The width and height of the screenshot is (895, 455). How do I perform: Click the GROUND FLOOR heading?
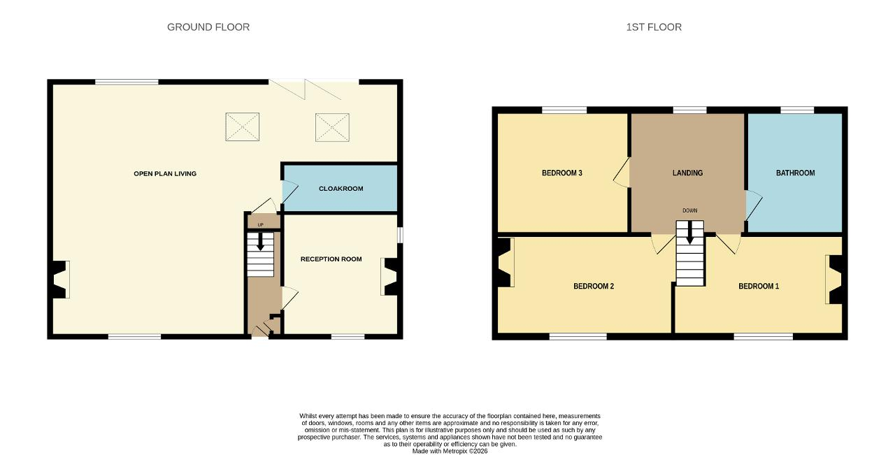coord(208,27)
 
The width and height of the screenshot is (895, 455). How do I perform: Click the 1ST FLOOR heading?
coord(654,27)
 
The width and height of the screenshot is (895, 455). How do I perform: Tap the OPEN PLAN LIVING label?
coord(165,174)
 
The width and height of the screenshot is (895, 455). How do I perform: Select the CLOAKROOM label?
coord(341,189)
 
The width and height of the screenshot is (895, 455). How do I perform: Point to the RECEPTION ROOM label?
coord(331,259)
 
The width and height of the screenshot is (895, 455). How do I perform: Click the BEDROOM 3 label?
coord(561,173)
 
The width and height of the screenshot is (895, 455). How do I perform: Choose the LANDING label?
coord(687,173)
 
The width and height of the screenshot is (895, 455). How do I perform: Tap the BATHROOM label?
coord(796,173)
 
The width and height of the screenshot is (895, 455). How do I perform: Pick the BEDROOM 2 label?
coord(594,287)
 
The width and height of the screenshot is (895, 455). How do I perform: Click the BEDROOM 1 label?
coord(759,287)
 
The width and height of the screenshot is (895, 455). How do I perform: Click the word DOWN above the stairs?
coord(690,210)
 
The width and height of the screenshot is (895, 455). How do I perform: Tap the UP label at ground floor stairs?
coord(261,225)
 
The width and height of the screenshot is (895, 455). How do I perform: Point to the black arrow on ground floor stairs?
coord(260,242)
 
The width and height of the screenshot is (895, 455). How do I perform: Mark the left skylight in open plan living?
coord(243,127)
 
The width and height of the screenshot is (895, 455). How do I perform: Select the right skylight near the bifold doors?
coord(332,127)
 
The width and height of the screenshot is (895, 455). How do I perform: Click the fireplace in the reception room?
coord(389,277)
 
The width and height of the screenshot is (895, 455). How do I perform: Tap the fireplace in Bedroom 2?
coord(506,263)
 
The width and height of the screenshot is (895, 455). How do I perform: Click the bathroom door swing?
coord(754,205)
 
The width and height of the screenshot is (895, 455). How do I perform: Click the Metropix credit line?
coord(450,452)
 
